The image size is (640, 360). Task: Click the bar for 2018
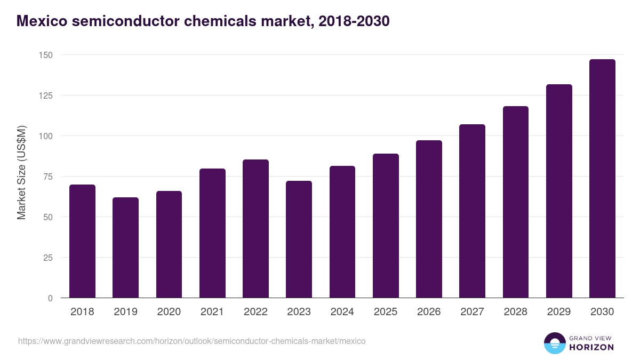coord(82,241)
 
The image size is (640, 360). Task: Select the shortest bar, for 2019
coord(125,247)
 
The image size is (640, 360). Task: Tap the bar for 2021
coord(212,233)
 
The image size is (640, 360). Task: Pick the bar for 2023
coord(299,239)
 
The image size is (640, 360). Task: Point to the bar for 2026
coord(429,219)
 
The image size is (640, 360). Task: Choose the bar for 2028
coord(515,202)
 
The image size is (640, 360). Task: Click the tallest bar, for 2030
coord(602,179)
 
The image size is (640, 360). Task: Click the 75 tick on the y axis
coord(47,177)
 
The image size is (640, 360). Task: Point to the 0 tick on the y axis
coord(50,298)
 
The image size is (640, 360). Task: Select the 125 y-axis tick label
coord(45,95)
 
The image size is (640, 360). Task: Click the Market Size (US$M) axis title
coord(21,172)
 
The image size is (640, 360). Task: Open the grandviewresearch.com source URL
coord(192,341)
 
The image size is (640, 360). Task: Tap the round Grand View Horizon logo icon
coord(555,343)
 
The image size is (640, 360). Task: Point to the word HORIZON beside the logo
coord(592,347)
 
